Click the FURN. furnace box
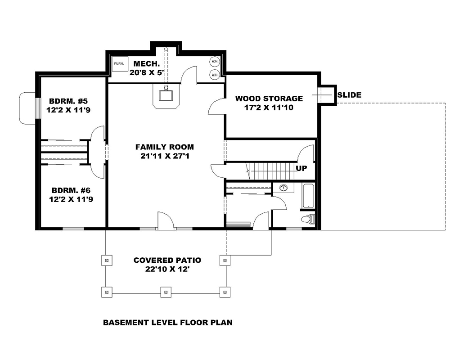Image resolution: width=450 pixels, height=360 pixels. tap(119, 63)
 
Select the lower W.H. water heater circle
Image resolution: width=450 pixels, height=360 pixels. tap(215, 74)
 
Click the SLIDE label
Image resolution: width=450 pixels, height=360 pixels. tap(349, 95)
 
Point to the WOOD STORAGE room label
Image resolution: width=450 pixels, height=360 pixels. tap(269, 99)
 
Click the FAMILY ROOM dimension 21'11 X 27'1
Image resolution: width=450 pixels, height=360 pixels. tap(165, 156)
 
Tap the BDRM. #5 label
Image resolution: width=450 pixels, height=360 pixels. tap(71, 100)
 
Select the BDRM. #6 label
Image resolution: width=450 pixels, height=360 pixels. tap(71, 189)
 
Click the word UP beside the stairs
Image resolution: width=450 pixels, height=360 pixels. tap(301, 168)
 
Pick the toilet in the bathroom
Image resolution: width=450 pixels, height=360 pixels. tap(309, 220)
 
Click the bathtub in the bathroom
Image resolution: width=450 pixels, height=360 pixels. tap(308, 196)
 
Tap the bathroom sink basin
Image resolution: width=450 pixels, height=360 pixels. tap(283, 188)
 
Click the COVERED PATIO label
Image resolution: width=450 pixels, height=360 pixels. tap(167, 260)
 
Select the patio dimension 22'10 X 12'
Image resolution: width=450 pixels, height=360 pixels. tap(167, 269)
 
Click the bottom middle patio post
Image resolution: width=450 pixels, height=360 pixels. tap(166, 292)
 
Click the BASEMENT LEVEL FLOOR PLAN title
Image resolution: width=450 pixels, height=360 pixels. tap(167, 323)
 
